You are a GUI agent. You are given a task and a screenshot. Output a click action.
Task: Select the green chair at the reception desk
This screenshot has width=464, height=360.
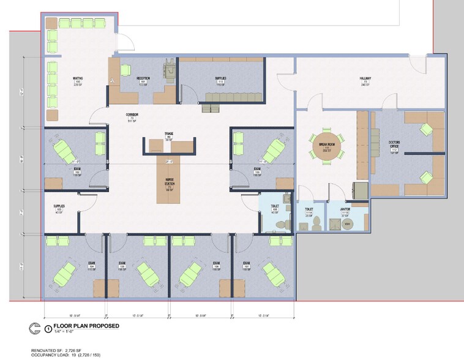pos(125,70)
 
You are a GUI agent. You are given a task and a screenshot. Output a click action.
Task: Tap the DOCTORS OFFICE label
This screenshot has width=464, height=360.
pos(395,144)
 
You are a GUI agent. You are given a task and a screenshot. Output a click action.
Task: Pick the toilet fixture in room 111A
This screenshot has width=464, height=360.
pos(315,225)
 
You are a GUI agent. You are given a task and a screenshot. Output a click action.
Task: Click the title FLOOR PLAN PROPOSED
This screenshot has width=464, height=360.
pos(86,326)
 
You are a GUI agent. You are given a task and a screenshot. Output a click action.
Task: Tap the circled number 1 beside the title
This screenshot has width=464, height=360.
pos(48,328)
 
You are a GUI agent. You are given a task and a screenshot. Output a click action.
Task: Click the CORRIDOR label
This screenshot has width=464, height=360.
pos(132,116)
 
